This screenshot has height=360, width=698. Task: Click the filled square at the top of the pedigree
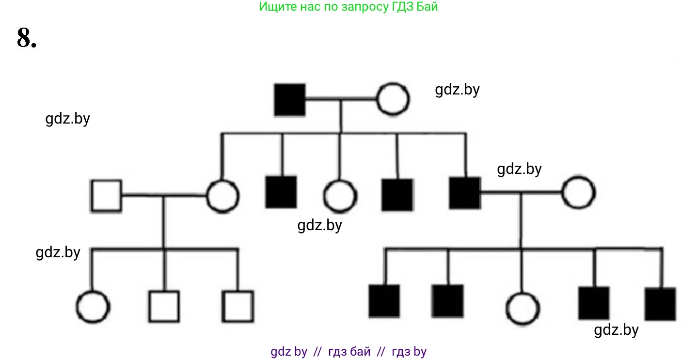[x=290, y=99]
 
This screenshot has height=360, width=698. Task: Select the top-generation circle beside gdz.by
[x=393, y=99]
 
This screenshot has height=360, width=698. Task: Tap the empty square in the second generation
[x=106, y=196]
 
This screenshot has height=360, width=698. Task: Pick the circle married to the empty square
[x=223, y=196]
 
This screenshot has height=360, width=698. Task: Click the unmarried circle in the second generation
[x=340, y=196]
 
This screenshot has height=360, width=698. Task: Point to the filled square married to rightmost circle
[x=464, y=193]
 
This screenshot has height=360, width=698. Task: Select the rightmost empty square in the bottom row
[x=238, y=306]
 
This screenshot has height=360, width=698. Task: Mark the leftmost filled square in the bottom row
[x=384, y=301]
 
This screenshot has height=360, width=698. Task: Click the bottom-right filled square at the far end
[x=660, y=304]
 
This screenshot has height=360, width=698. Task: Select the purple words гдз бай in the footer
[x=349, y=352]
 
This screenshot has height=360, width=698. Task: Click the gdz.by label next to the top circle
[x=457, y=90]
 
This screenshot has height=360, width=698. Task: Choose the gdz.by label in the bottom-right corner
[x=616, y=330]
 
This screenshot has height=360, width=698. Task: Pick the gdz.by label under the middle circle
[x=319, y=225]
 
